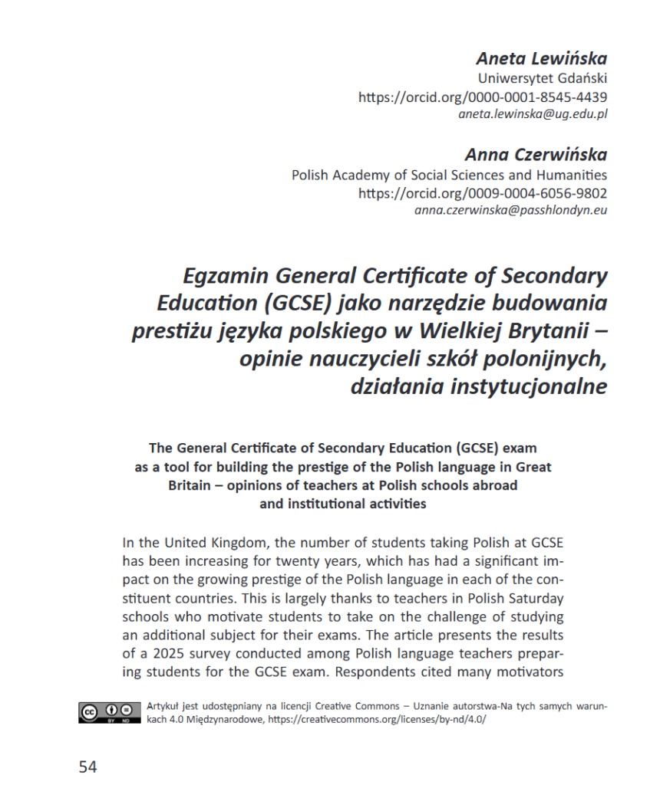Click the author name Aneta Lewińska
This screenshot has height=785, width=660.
point(541,58)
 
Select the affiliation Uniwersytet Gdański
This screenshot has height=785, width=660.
point(543,78)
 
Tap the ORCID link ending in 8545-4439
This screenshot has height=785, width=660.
point(483,97)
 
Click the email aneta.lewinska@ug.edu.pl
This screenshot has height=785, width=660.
point(533,114)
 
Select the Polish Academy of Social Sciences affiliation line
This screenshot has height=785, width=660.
point(449,175)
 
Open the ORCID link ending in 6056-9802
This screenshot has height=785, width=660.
point(483,193)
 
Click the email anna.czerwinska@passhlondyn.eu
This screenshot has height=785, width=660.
point(510,210)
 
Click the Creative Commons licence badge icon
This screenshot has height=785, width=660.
point(109,713)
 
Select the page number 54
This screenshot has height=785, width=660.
point(87,766)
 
